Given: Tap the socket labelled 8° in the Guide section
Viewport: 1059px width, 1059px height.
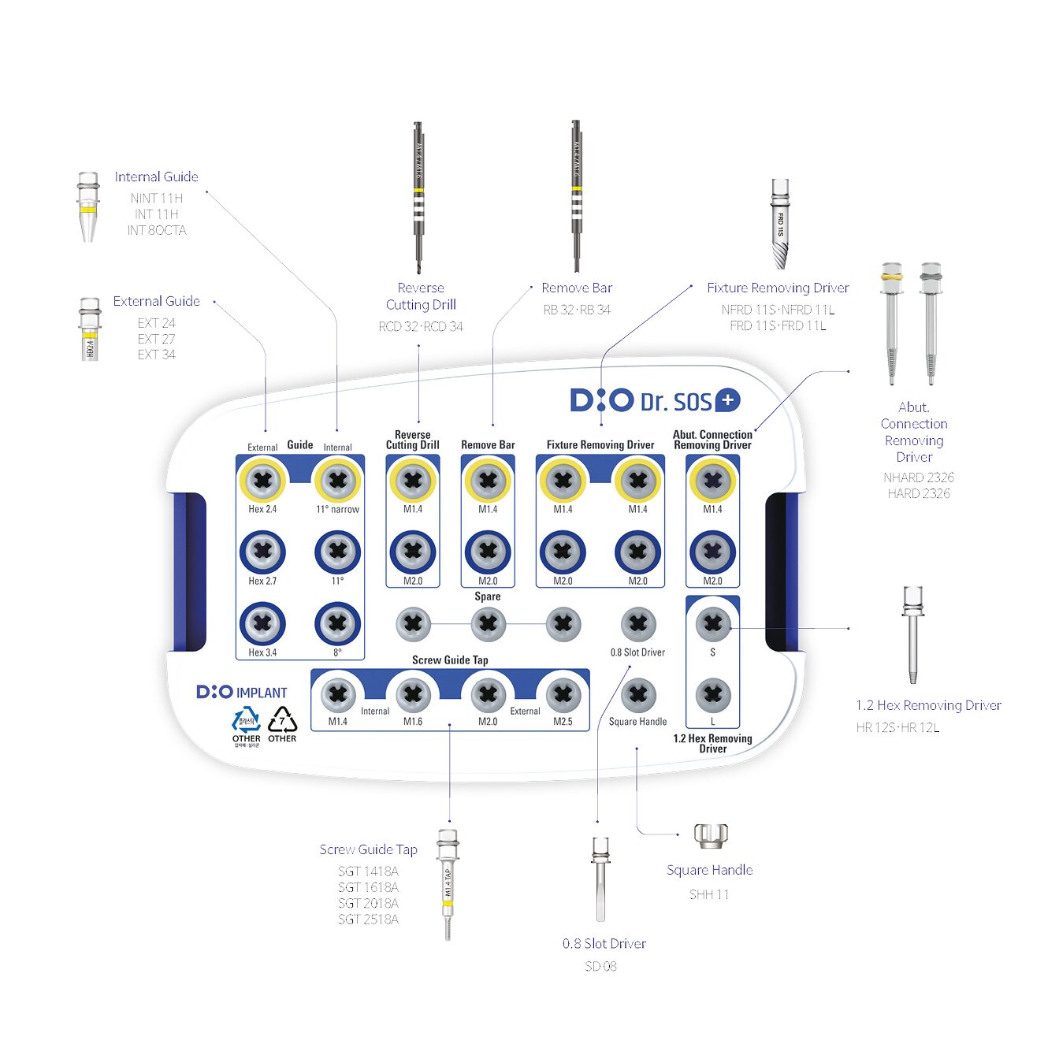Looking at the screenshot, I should (x=337, y=623).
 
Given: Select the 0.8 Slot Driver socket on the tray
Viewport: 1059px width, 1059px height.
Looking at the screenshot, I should (x=638, y=624).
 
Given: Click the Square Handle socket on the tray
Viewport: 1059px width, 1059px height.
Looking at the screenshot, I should (x=638, y=695).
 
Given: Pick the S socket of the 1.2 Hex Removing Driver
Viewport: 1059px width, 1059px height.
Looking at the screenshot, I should (x=712, y=624).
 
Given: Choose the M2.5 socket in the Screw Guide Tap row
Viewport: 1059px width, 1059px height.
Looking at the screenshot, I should (x=563, y=695).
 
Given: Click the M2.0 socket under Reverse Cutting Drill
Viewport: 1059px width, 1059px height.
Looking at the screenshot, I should (x=413, y=552).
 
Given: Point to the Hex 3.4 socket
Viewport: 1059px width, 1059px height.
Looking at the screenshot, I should (x=262, y=623).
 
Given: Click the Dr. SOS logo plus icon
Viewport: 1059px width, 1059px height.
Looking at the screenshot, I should (x=726, y=400).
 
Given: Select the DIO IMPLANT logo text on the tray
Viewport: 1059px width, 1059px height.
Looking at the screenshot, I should (x=242, y=693).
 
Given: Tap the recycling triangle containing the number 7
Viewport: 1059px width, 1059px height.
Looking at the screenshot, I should (x=282, y=720).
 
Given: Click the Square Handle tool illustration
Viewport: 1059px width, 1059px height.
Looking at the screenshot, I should (x=711, y=835).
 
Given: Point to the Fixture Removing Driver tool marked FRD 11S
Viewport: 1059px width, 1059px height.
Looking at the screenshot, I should (x=780, y=224).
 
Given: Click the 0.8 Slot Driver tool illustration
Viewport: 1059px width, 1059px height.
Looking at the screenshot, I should (x=600, y=878).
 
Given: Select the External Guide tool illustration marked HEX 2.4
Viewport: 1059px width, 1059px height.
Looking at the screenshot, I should (x=90, y=329).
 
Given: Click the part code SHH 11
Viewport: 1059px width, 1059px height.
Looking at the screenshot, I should (x=709, y=894).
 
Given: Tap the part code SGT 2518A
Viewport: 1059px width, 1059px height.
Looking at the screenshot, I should (x=368, y=920).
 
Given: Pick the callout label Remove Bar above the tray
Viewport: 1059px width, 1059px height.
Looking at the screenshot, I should (x=576, y=288).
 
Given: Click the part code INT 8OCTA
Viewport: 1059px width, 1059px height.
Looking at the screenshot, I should (x=157, y=230).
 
